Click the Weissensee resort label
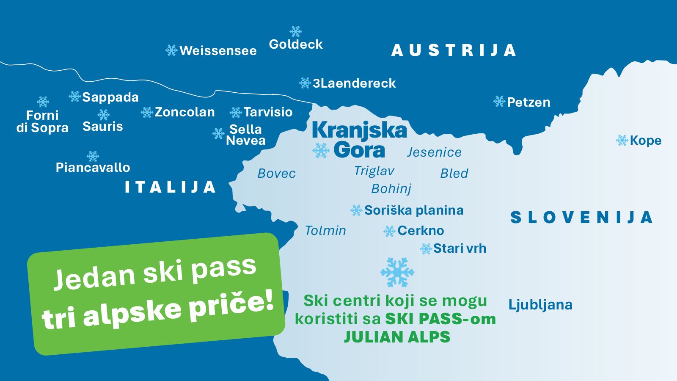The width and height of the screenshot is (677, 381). (x=218, y=51)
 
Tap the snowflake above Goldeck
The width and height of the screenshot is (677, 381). (x=296, y=32)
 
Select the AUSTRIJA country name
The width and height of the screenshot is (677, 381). (x=454, y=50)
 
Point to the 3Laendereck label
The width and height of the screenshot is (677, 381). (x=354, y=83)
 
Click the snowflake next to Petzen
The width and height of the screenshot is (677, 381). (x=499, y=102)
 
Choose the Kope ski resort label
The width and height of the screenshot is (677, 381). (x=645, y=141)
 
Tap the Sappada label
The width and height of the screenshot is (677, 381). (x=110, y=97)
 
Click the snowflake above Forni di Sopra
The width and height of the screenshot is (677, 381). (x=43, y=102)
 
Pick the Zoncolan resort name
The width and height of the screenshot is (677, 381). (x=184, y=112)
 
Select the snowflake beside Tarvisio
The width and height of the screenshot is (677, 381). (x=236, y=113)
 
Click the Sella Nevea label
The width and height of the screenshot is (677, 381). (x=245, y=135)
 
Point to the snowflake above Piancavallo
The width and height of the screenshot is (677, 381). (x=93, y=156)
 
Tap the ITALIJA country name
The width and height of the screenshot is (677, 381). (x=170, y=187)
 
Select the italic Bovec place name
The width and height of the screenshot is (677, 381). (x=276, y=174)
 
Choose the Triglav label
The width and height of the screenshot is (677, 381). (x=374, y=171)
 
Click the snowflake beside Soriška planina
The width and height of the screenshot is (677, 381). (x=356, y=210)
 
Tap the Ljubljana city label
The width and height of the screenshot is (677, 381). (x=540, y=305)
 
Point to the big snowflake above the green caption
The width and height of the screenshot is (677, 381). (x=397, y=273)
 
